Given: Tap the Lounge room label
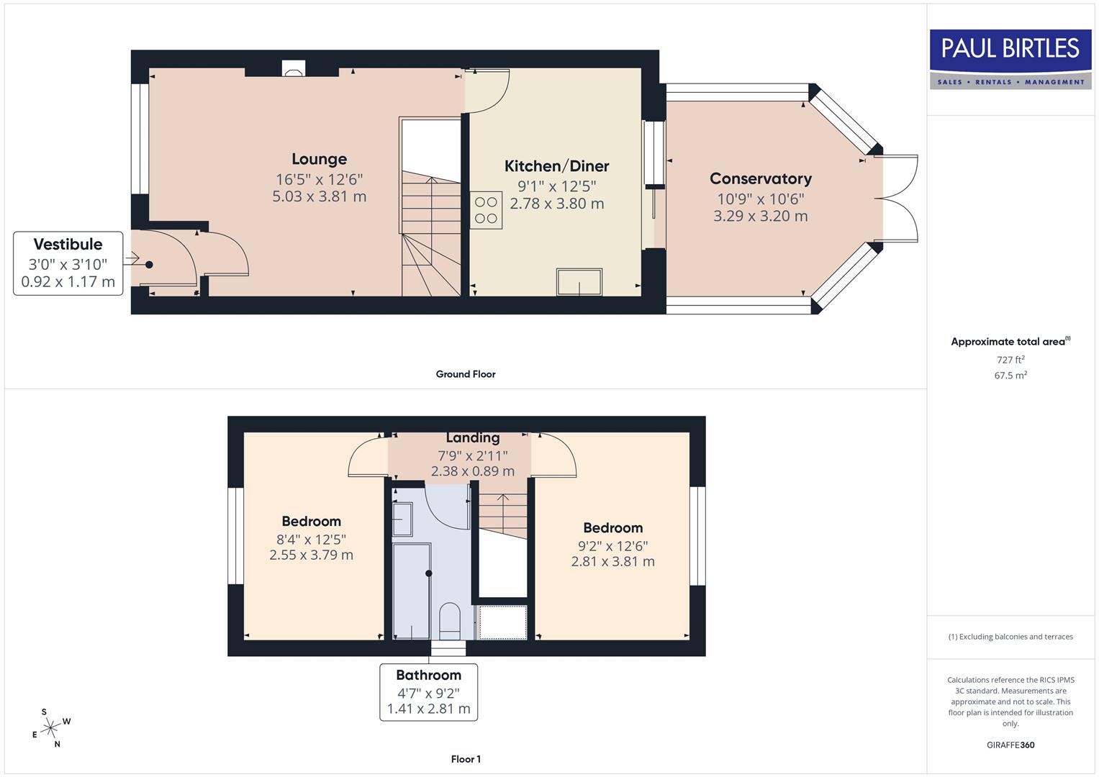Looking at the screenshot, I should pyautogui.click(x=319, y=159).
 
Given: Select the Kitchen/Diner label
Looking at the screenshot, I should pyautogui.click(x=556, y=166).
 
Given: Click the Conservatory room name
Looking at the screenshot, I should pyautogui.click(x=760, y=178).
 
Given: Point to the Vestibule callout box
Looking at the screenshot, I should pyautogui.click(x=68, y=263).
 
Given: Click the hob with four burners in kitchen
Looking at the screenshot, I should pyautogui.click(x=486, y=210).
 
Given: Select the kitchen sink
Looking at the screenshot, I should pyautogui.click(x=579, y=282).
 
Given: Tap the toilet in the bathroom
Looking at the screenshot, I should pyautogui.click(x=449, y=620).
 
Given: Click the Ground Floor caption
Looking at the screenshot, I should pyautogui.click(x=466, y=374).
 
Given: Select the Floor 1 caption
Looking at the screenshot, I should pyautogui.click(x=466, y=759).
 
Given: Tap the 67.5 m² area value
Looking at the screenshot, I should pyautogui.click(x=1010, y=376).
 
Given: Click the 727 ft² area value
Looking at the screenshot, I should pyautogui.click(x=1010, y=360).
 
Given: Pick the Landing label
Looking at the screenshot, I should pyautogui.click(x=472, y=437).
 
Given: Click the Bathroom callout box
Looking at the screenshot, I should pyautogui.click(x=428, y=691).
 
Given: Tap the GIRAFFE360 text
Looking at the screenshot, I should pyautogui.click(x=1010, y=745).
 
